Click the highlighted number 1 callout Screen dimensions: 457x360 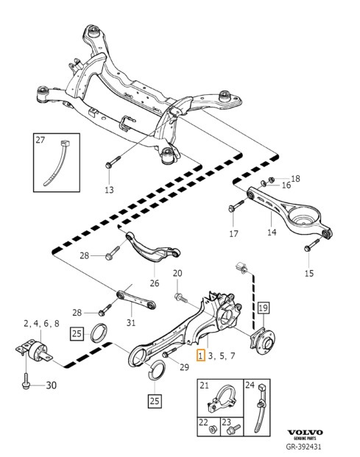[x=201, y=356]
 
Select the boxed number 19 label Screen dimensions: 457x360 [x=264, y=307]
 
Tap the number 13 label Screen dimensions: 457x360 [x=109, y=190]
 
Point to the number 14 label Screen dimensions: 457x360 [x=272, y=233]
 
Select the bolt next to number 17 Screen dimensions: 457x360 [x=234, y=208]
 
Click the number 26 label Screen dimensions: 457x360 [x=154, y=283]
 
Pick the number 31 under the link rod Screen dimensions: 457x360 [x=131, y=321]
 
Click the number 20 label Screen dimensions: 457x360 [x=177, y=274]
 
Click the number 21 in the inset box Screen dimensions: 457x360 [x=205, y=386]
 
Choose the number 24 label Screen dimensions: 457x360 [x=249, y=385]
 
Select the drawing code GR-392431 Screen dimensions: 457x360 [x=304, y=446]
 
